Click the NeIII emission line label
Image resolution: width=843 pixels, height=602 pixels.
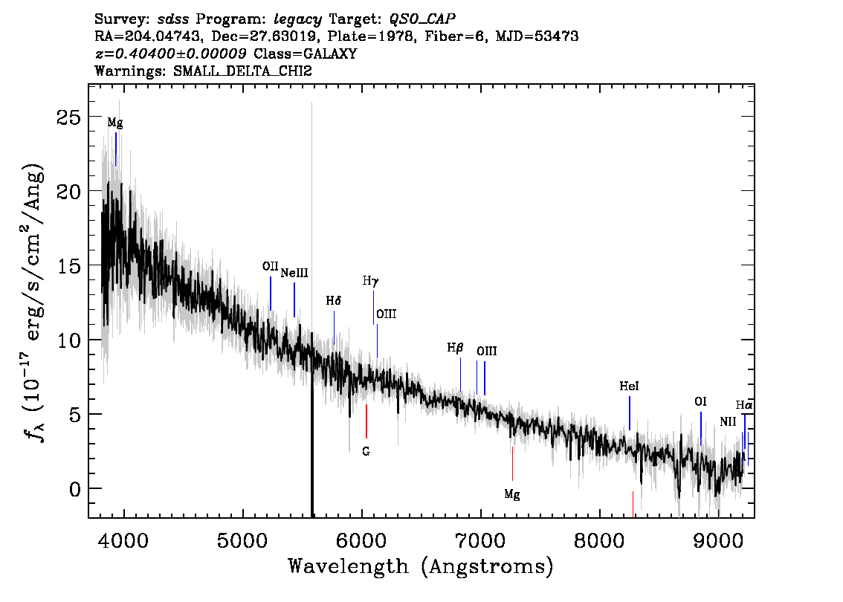click(294, 273)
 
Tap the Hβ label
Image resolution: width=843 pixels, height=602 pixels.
click(455, 349)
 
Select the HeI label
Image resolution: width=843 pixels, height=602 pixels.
click(629, 386)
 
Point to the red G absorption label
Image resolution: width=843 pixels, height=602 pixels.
click(366, 452)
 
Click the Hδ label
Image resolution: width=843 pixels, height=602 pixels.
click(334, 301)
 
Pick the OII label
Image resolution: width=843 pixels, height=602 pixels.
click(271, 266)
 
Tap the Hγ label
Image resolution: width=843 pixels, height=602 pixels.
click(370, 281)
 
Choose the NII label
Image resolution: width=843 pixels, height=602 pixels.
click(728, 422)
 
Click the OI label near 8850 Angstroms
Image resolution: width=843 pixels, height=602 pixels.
click(700, 402)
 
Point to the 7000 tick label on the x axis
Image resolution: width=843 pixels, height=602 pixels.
click(479, 540)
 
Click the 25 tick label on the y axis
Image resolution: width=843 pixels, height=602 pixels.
click(69, 117)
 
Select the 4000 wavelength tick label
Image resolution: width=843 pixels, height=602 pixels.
click(123, 540)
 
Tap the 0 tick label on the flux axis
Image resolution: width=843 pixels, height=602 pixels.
click(75, 489)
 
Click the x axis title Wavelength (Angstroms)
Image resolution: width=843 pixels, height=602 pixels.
click(421, 567)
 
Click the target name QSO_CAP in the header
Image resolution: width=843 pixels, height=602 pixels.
click(422, 19)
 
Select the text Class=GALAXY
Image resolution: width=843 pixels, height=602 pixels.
click(306, 54)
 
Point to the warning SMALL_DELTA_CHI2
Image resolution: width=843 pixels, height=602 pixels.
click(242, 71)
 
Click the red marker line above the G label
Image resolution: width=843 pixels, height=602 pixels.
click(366, 421)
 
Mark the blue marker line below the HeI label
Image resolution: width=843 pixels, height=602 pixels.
click(629, 413)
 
